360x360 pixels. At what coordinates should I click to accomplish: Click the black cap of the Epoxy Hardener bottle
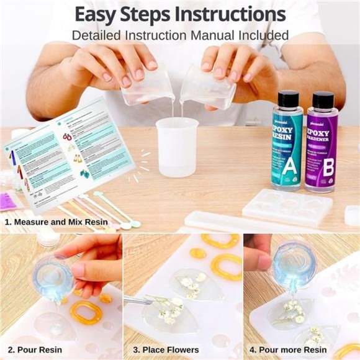[323, 99]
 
